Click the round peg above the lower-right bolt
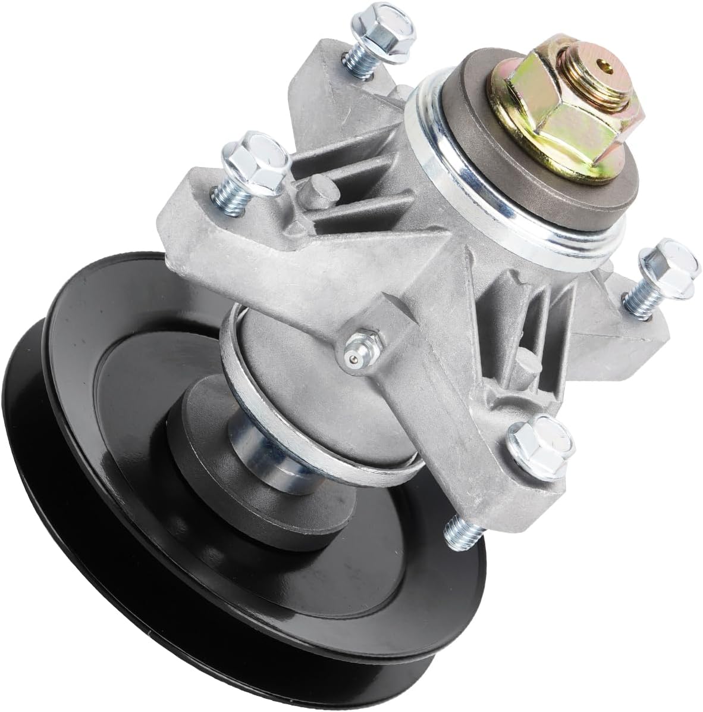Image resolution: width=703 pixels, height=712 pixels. click(523, 357)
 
